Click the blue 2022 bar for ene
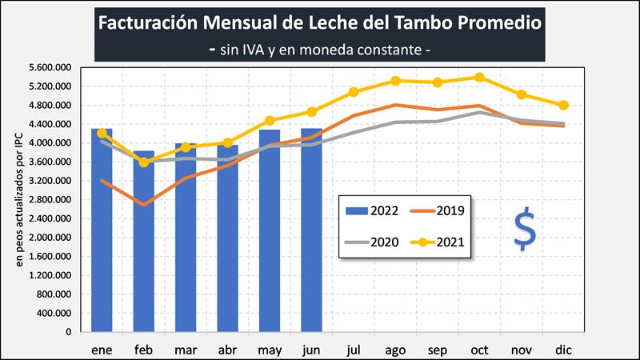(x=102, y=232)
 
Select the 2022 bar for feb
(x=143, y=240)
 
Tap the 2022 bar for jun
(x=311, y=232)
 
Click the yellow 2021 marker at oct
(x=479, y=78)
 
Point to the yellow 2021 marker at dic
(x=563, y=105)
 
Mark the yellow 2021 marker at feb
(x=143, y=162)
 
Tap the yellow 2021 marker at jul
(x=354, y=92)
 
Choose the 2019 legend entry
(x=437, y=210)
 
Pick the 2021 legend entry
(x=437, y=240)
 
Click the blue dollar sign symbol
(x=525, y=230)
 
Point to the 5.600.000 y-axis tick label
(x=49, y=67)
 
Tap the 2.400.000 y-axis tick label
(x=49, y=218)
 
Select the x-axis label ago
(x=395, y=349)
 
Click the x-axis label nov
(x=521, y=349)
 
